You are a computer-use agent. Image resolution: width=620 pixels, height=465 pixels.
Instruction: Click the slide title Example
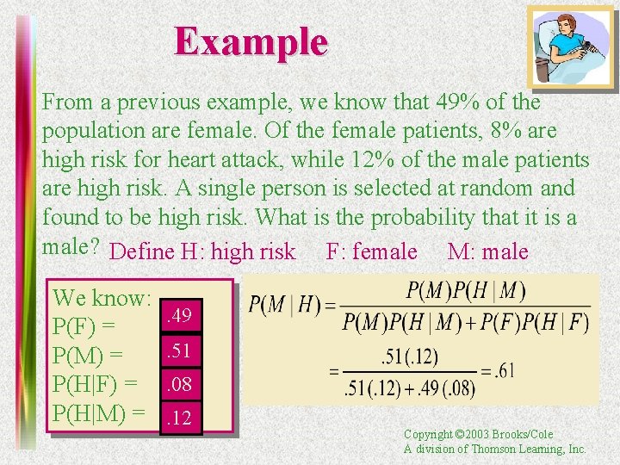point(251,41)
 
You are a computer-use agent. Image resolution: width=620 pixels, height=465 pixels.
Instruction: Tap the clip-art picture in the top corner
point(570,48)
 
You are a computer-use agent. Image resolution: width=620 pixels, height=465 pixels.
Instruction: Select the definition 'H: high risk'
point(239,251)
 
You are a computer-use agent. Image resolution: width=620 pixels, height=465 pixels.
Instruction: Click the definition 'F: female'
point(372,251)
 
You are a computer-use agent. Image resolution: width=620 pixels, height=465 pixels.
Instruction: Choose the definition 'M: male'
point(488,251)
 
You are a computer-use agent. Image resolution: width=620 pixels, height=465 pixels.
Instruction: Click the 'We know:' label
point(102,299)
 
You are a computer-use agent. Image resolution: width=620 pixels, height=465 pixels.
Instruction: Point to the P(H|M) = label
point(98,412)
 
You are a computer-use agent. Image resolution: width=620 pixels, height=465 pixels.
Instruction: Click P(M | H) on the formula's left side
point(286,304)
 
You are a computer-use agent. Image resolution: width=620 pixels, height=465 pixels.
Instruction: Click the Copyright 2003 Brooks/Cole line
point(479,435)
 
